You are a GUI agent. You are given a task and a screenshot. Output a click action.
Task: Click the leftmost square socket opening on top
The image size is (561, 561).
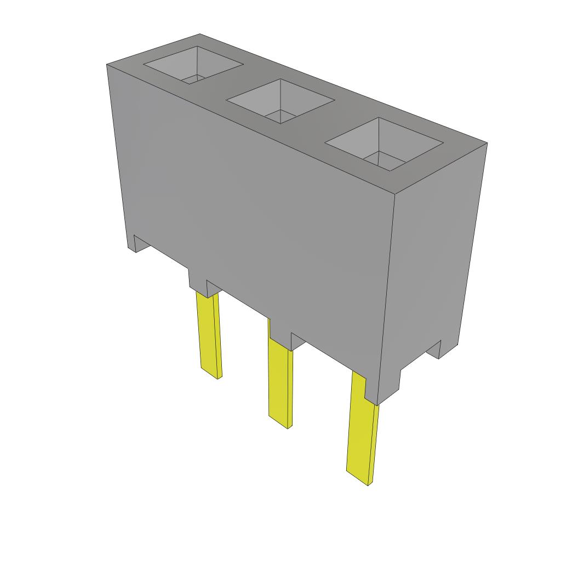point(193,65)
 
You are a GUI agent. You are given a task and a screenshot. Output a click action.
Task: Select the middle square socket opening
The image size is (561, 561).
point(280,100)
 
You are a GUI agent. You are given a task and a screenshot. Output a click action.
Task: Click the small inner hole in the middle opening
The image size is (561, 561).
point(279,116)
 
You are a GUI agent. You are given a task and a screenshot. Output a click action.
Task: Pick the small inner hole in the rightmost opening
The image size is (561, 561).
point(383,159)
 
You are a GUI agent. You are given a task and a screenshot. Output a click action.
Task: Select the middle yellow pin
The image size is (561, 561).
point(279,383)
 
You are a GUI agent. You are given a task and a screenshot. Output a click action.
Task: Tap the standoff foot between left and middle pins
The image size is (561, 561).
point(198,282)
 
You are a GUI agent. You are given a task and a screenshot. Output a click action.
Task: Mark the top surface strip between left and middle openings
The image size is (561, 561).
point(236,82)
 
